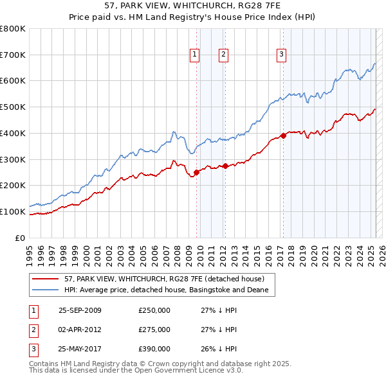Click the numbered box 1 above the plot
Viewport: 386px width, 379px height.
pyautogui.click(x=194, y=55)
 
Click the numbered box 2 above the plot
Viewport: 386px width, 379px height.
pyautogui.click(x=223, y=55)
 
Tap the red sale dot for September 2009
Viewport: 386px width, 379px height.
pyautogui.click(x=196, y=172)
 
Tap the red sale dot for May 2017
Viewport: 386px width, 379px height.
pyautogui.click(x=283, y=136)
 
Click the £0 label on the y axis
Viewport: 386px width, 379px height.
pyautogui.click(x=20, y=238)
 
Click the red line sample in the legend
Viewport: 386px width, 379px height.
pyautogui.click(x=46, y=279)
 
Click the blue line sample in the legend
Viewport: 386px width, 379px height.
pyautogui.click(x=46, y=290)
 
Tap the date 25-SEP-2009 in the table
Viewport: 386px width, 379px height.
pyautogui.click(x=80, y=310)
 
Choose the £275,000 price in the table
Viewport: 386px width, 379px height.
pyautogui.click(x=154, y=330)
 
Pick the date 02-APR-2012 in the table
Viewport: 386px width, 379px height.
pyautogui.click(x=80, y=330)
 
